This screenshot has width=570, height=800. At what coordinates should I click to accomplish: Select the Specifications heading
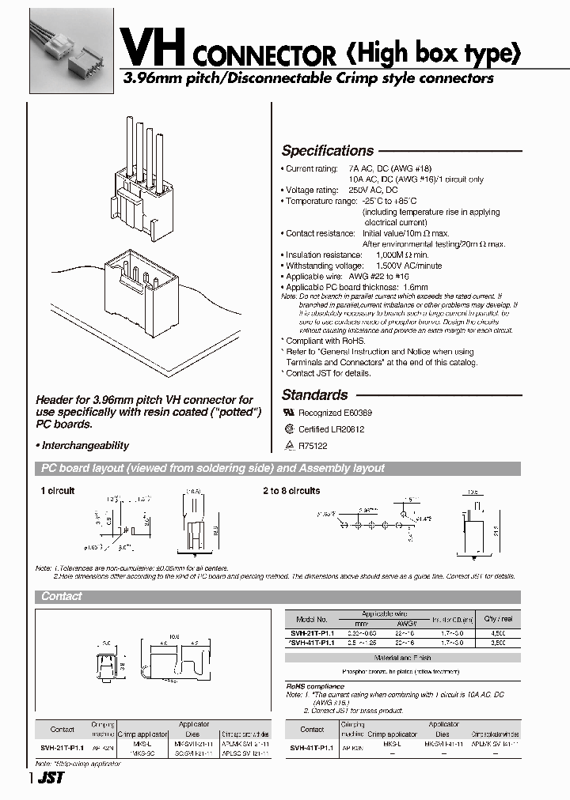tap(327, 151)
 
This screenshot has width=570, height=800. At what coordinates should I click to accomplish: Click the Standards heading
tap(314, 395)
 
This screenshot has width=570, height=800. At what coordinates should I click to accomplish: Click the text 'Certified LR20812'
tap(331, 429)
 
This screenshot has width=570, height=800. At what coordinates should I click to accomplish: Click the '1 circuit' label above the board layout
tap(57, 491)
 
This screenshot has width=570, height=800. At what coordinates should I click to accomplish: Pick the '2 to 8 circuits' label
tap(291, 491)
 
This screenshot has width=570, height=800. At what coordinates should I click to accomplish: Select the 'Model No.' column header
tap(311, 620)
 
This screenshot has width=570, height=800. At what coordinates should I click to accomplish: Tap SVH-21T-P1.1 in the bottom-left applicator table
tap(62, 745)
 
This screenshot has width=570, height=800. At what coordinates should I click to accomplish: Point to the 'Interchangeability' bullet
tap(85, 446)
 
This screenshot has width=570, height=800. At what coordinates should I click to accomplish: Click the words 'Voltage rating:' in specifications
tap(311, 191)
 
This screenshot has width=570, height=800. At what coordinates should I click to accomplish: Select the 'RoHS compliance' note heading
tap(315, 686)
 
